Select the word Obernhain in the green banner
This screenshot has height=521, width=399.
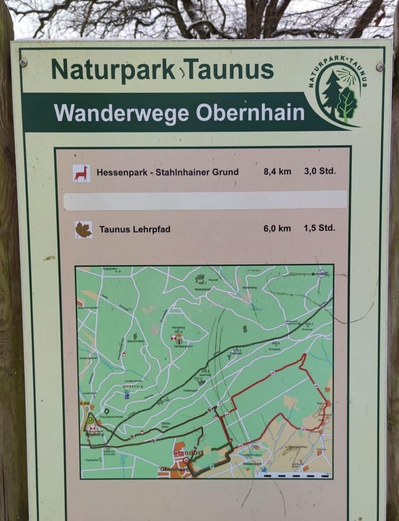click(x=250, y=113)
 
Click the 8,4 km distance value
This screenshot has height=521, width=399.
click(x=277, y=171)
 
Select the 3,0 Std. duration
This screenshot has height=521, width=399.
click(x=319, y=171)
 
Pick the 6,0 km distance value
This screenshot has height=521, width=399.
click(x=277, y=228)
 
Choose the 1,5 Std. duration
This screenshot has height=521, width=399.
click(x=319, y=228)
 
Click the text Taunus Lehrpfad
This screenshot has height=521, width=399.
click(x=135, y=229)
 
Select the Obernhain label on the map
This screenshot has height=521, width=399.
click(x=174, y=469)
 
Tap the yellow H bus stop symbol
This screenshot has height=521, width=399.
click(x=91, y=421)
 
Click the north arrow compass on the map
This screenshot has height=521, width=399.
click(x=321, y=273)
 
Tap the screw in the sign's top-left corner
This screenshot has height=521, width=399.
click(x=23, y=62)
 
